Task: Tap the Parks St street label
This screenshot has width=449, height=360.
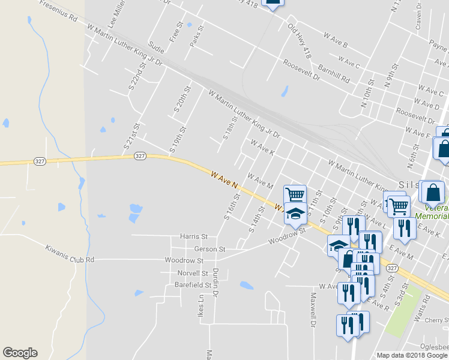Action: coord(197,33)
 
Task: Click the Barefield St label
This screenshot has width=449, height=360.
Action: coord(193,285)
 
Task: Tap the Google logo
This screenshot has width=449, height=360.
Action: coord(20,353)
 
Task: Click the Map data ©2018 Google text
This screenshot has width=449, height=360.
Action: coord(412,355)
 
